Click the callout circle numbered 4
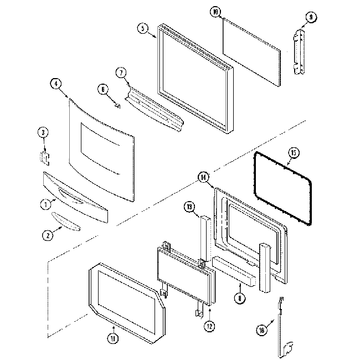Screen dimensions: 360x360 (x=55, y=84)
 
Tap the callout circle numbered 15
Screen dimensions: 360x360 (x=294, y=153)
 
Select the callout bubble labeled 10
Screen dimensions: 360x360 (x=215, y=12)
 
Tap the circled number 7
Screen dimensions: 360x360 (x=120, y=73)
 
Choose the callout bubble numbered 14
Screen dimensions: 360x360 (x=204, y=178)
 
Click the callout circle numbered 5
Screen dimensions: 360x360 (x=144, y=29)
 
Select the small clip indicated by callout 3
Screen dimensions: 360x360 (x=44, y=157)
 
